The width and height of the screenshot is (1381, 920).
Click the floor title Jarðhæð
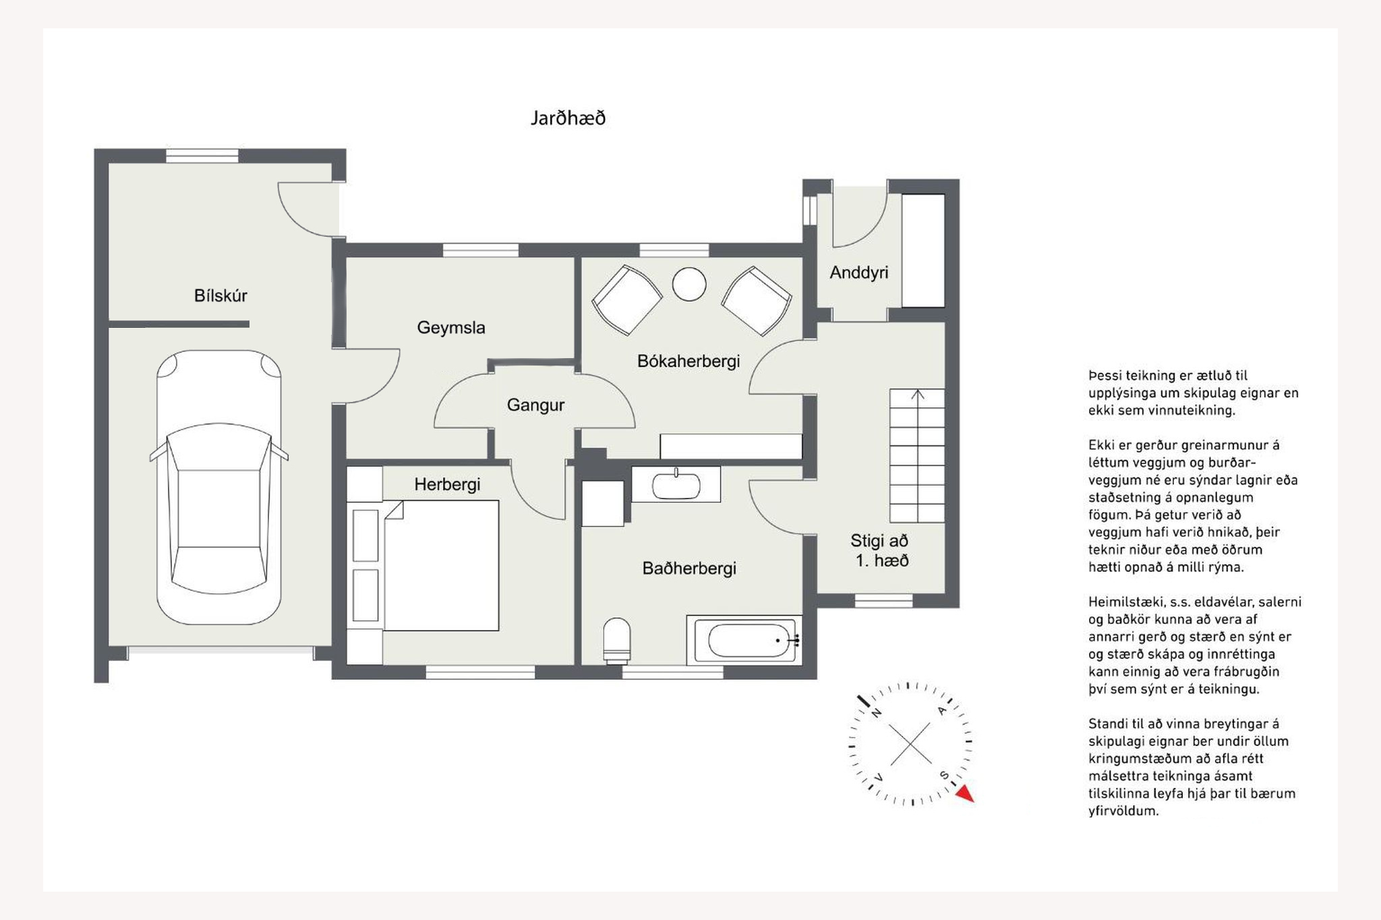pos(568,119)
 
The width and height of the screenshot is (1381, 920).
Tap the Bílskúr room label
pos(221,295)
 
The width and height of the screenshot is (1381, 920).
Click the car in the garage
pos(218,487)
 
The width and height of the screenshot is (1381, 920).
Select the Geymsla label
pos(451,328)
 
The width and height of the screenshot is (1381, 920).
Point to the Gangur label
pos(535,405)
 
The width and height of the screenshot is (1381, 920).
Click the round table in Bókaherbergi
pos(689,284)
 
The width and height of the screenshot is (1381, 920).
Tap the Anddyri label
pos(858,272)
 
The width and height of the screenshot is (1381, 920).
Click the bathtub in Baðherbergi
pos(744,640)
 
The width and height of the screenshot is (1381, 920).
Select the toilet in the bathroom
pos(616,640)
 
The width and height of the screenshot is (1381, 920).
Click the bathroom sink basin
pos(676,485)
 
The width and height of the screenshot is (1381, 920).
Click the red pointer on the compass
pos(966,793)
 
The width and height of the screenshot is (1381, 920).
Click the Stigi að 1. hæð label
pos(880,550)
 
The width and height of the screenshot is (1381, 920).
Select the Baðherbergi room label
pos(689,569)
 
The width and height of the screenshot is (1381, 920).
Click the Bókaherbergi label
pos(688,362)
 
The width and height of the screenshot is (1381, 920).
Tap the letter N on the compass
pos(877,712)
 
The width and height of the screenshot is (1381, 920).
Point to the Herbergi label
pos(447,484)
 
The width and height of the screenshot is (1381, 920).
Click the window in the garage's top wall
pos(202,156)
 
